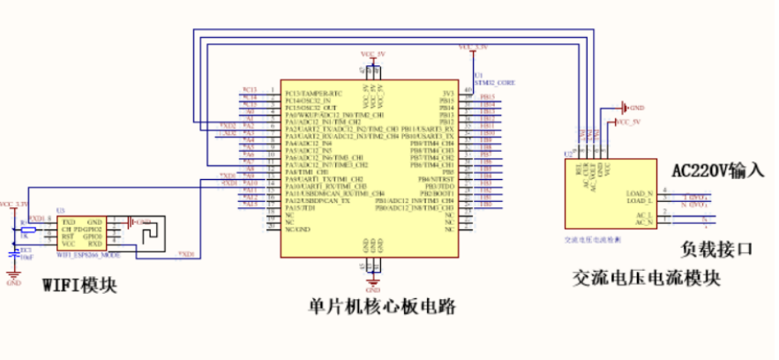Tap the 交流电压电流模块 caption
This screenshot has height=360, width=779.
(x=647, y=278)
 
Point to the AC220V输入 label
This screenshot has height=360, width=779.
(x=717, y=170)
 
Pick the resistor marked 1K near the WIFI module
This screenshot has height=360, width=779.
(x=26, y=229)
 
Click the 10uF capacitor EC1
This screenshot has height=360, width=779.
(x=14, y=252)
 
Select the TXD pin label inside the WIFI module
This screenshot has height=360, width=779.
(x=68, y=221)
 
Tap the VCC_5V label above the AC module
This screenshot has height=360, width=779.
(x=627, y=121)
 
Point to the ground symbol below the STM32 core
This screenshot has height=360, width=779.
(x=373, y=285)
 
